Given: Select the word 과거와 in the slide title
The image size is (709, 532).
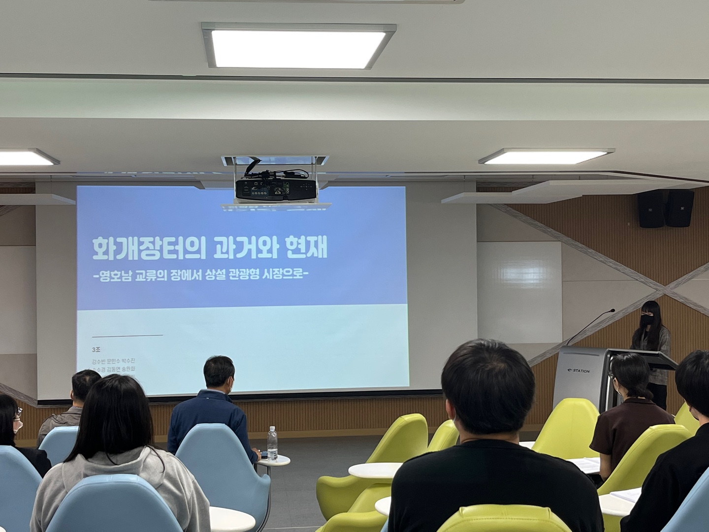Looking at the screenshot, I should [244, 249].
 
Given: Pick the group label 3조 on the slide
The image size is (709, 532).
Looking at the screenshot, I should [96, 350].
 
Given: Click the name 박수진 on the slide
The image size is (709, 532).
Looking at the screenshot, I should [127, 361].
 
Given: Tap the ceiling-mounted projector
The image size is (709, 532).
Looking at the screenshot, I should [275, 188].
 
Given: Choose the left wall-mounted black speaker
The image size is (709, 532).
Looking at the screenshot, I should [651, 209].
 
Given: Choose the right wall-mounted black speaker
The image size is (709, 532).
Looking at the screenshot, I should [679, 208].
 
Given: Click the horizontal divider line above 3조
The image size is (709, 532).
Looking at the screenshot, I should [128, 335].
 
